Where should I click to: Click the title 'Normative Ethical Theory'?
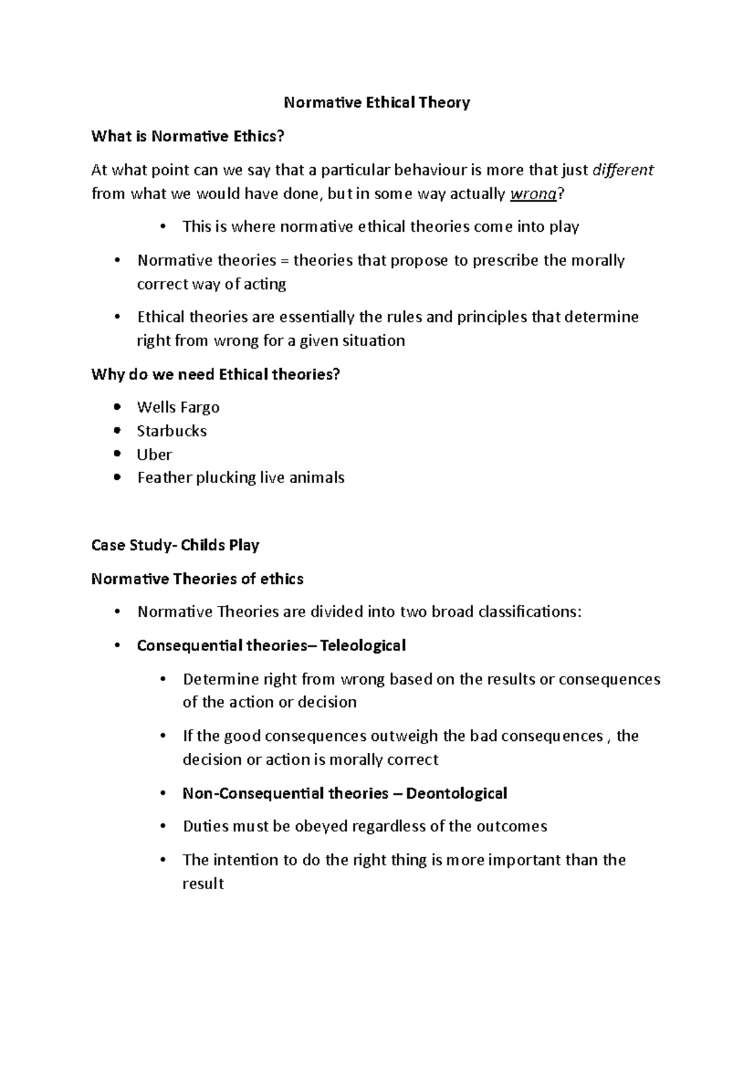click(x=377, y=102)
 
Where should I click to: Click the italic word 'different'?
click(x=623, y=170)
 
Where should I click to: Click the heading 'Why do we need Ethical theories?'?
click(x=216, y=375)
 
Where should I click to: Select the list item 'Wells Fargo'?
click(x=178, y=407)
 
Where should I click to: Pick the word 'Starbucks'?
click(x=172, y=431)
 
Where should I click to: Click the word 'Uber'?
click(x=154, y=454)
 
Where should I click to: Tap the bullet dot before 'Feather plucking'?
click(x=117, y=478)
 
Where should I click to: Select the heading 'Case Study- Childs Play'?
click(x=175, y=545)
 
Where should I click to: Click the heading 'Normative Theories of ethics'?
click(x=197, y=579)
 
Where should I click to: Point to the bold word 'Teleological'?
click(x=363, y=645)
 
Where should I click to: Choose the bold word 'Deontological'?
click(x=456, y=793)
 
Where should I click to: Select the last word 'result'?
click(x=203, y=884)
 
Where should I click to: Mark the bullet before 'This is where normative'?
click(x=163, y=227)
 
